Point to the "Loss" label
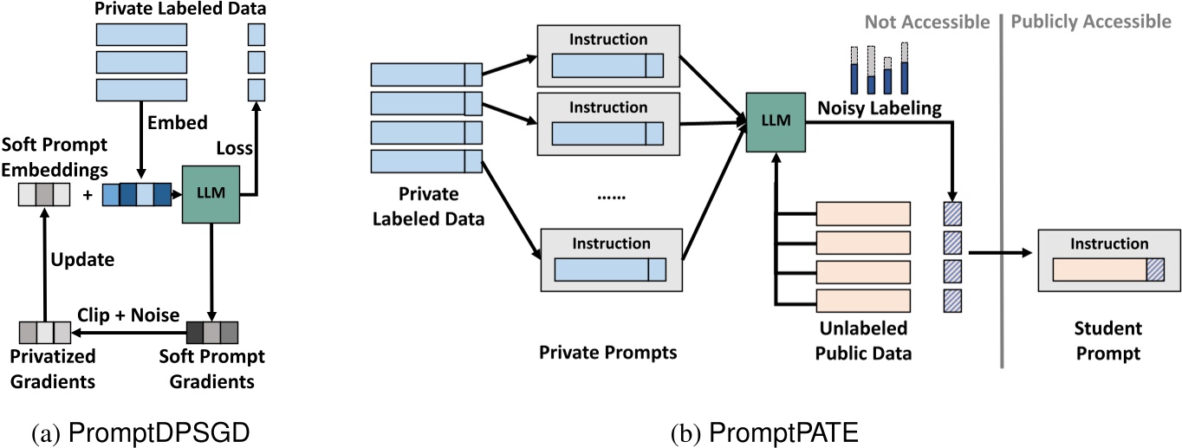coord(235,148)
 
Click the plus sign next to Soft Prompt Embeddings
coord(87,195)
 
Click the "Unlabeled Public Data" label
coord(863,341)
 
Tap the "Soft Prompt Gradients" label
coord(213,367)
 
